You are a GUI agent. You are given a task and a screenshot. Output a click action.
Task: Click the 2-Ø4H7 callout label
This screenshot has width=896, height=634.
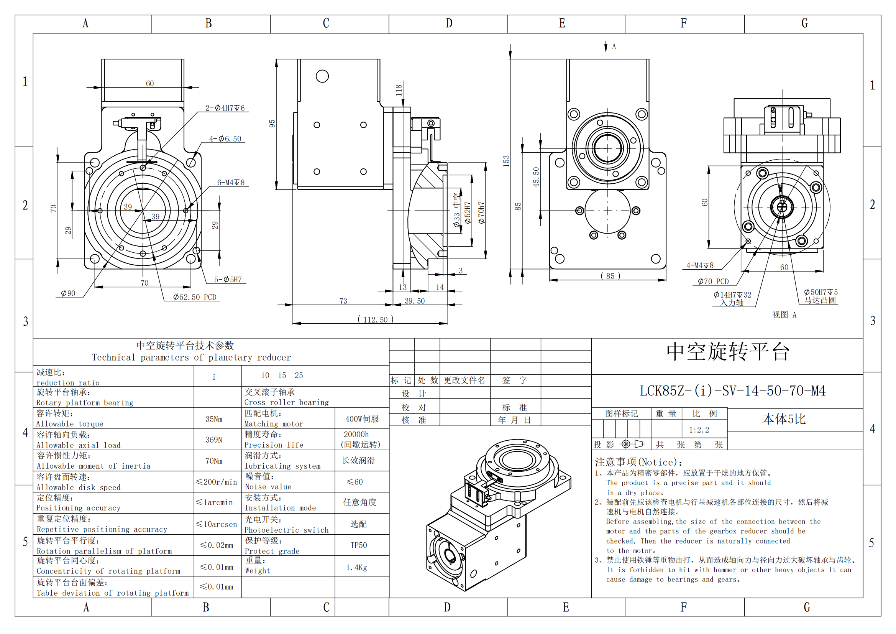tap(225, 108)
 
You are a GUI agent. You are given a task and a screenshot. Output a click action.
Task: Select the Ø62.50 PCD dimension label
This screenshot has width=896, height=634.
tap(194, 297)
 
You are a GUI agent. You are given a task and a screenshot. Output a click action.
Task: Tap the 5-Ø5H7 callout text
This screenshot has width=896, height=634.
tap(228, 280)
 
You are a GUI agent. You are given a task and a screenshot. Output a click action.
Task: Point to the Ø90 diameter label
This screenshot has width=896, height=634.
tap(68, 293)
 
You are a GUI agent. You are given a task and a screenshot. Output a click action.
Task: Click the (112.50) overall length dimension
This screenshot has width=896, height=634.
tap(375, 319)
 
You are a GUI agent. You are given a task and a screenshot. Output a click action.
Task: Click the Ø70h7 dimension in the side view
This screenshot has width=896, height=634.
tap(482, 212)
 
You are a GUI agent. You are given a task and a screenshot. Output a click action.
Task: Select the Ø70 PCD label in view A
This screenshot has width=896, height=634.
tap(713, 281)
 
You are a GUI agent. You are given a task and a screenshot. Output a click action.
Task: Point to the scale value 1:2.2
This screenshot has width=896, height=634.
tap(699, 430)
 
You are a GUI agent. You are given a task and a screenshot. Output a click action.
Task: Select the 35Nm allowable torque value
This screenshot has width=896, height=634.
tap(214, 419)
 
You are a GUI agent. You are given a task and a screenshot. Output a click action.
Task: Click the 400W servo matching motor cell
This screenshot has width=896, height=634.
tap(362, 419)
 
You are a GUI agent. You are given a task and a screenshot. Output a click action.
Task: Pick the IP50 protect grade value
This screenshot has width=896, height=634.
tap(359, 545)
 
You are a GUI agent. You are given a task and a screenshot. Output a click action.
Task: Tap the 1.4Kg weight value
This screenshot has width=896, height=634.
tap(356, 568)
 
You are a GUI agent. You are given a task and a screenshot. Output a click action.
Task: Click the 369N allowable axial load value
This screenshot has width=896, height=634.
tap(214, 440)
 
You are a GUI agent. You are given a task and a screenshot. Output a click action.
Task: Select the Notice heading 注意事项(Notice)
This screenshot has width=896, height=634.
tap(638, 463)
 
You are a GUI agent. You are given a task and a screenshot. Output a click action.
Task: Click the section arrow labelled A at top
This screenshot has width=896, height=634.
tap(606, 46)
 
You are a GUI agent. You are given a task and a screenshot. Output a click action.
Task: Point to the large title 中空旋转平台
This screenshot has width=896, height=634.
tap(728, 352)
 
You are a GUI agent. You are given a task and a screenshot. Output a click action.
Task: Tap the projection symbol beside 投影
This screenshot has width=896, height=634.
tap(632, 444)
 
